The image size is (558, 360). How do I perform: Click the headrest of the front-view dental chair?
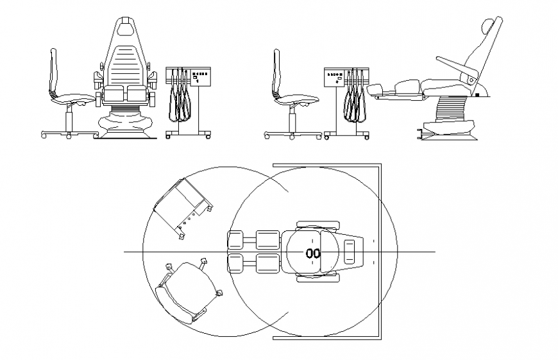(126, 27)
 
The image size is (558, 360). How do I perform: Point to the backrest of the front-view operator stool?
(55, 71)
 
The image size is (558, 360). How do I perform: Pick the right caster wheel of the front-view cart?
(207, 135)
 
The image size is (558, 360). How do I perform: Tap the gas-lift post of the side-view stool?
(293, 119)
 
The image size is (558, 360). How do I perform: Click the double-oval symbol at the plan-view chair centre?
(312, 253)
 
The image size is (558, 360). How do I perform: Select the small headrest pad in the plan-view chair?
(350, 252)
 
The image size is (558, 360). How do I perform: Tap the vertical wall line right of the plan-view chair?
(382, 250)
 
